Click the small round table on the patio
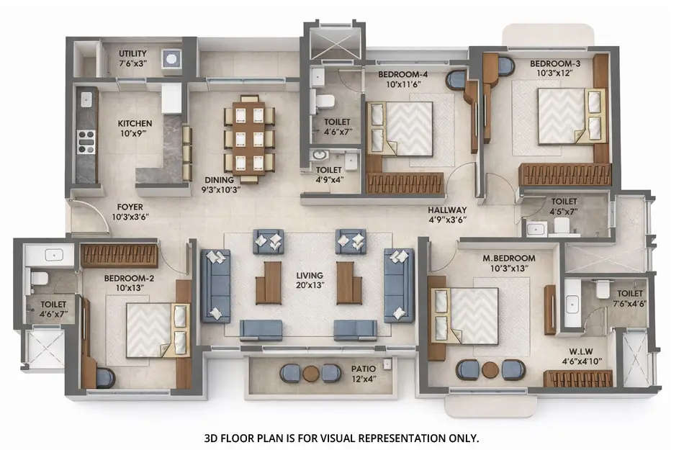tap(310, 373)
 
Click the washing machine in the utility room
tap(171, 60)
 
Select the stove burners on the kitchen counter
tap(86, 140)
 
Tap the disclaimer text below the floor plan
tap(342, 437)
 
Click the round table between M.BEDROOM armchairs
tap(490, 369)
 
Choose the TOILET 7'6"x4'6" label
tap(630, 298)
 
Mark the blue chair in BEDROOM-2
tap(105, 377)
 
